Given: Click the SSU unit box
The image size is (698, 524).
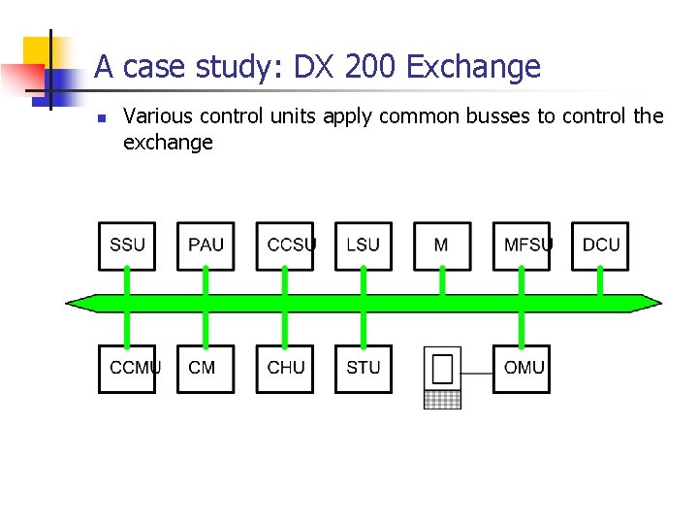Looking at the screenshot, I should [x=127, y=246].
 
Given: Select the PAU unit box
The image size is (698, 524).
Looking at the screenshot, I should [x=206, y=246].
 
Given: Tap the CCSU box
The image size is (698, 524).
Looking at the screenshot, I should [x=285, y=246].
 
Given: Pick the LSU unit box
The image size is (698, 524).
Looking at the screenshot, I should [x=364, y=246].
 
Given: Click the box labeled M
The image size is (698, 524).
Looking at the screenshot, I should [x=442, y=246].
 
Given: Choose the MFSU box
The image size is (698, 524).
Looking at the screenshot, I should [x=522, y=246].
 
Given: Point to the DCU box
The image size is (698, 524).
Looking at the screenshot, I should [x=600, y=246].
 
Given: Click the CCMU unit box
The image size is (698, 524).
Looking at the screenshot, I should [x=127, y=369].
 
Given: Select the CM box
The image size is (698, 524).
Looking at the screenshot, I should [x=206, y=369].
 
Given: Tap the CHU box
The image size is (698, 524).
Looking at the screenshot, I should [x=285, y=369].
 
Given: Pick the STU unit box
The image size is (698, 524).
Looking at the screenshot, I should [x=364, y=369].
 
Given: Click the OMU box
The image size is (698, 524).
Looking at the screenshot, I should [x=522, y=369].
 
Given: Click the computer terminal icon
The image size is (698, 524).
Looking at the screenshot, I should [x=443, y=377].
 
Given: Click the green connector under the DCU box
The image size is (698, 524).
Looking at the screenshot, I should [x=600, y=282].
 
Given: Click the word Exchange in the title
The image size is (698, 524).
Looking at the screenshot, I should [x=474, y=67].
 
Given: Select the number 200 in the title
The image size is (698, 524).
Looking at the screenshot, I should [x=366, y=67].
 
